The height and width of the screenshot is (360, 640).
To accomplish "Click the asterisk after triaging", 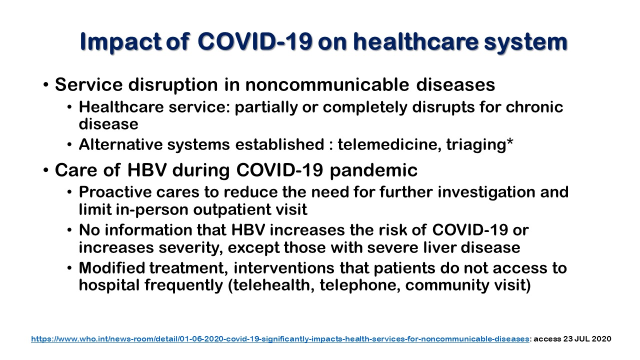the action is click(509, 141).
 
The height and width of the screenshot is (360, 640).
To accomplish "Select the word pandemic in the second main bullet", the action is click(373, 171).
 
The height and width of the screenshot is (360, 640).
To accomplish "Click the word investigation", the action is click(486, 192).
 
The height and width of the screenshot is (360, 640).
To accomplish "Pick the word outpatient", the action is click(232, 209).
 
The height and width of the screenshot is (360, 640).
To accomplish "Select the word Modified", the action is click(112, 268).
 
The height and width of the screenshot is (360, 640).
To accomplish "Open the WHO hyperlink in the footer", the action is click(280, 339).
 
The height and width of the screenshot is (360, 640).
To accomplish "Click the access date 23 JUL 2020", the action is click(587, 339).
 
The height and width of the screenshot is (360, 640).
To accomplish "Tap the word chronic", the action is click(534, 107).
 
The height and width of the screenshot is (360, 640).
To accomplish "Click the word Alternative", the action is click(120, 144).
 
